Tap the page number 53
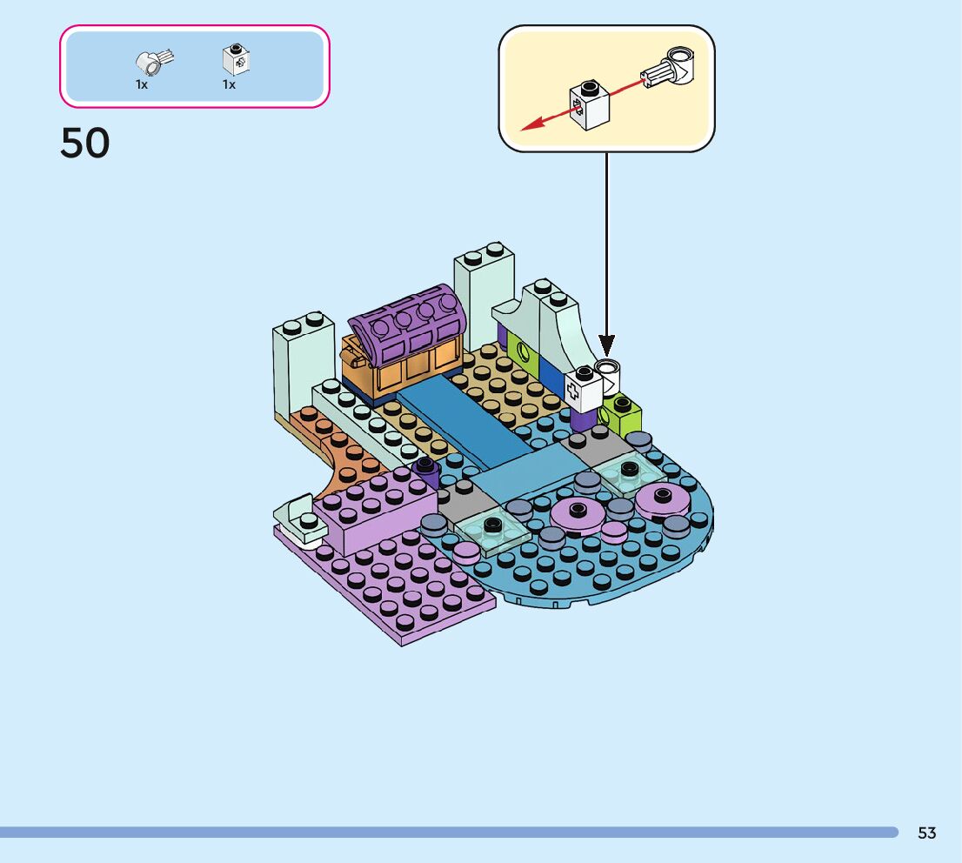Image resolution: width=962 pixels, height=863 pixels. tap(927, 833)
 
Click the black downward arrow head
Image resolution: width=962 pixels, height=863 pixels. tap(606, 345)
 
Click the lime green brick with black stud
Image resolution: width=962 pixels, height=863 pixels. tap(621, 416)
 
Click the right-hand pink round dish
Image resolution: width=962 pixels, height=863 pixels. tap(663, 501)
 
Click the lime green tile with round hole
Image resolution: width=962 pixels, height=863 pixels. tap(524, 354)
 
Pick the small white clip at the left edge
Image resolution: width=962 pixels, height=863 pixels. tap(296, 512)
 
